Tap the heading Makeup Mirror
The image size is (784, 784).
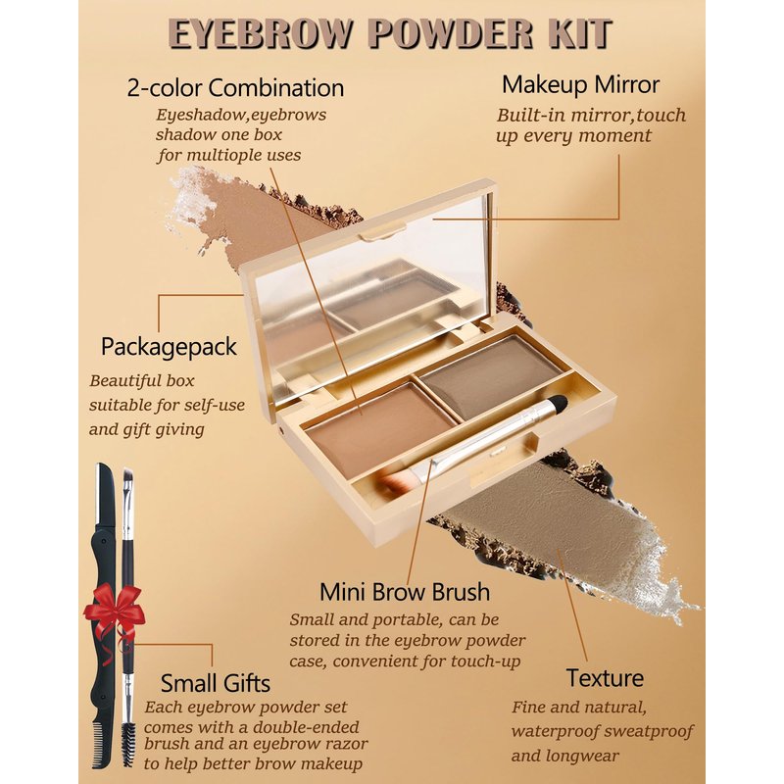(580, 85)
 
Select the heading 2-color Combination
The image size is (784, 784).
(235, 88)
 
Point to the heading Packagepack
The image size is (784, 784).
(169, 347)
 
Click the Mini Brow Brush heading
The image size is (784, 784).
(405, 592)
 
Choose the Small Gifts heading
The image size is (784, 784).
(216, 683)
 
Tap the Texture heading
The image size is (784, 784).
(605, 678)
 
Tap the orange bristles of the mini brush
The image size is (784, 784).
(395, 481)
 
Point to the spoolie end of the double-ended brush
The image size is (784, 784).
(128, 744)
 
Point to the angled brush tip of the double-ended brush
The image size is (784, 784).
(127, 474)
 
